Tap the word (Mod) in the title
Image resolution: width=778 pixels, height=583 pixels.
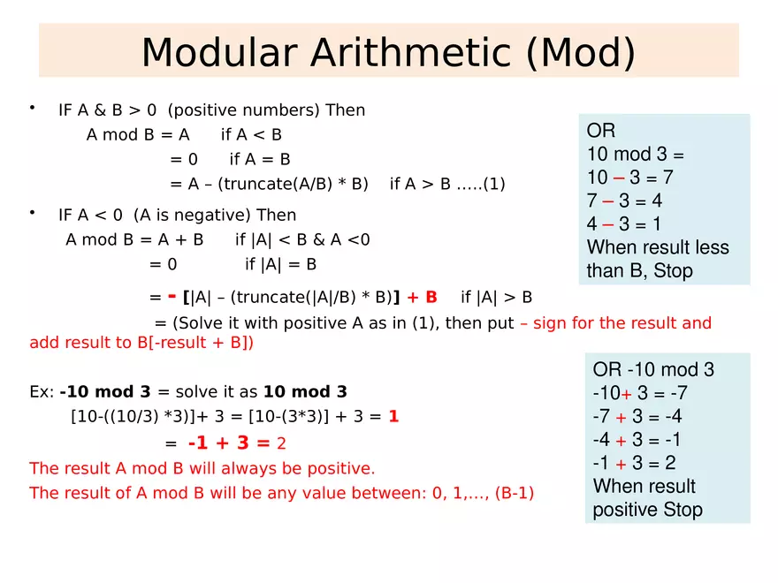(580, 52)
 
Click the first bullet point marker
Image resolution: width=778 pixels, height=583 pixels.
(32, 108)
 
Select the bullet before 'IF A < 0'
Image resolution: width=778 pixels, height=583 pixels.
(32, 212)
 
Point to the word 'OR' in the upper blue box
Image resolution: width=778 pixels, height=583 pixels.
(601, 131)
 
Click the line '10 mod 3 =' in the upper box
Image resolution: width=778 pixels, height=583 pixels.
(636, 154)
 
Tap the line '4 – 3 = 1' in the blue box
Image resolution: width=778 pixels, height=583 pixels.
(624, 223)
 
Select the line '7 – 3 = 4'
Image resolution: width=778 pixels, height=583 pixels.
(624, 201)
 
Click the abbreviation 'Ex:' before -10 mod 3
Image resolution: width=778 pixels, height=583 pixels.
(42, 391)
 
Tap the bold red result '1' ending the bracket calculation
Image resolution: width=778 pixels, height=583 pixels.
(393, 416)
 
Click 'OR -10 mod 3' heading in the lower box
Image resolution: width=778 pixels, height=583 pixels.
(653, 369)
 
